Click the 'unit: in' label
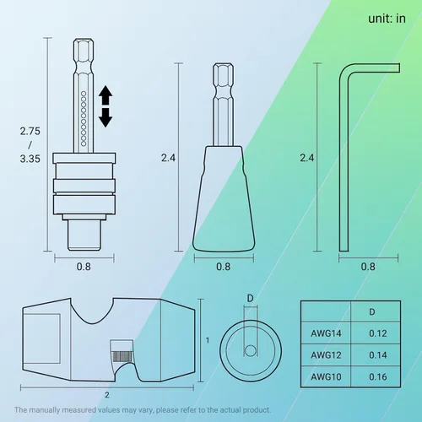tap(387, 19)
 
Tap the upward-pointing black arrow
tap(105, 95)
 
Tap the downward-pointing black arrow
tap(105, 117)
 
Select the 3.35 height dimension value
tap(30, 159)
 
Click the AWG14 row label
tap(326, 333)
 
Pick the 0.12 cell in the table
tap(378, 333)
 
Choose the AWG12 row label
tap(326, 355)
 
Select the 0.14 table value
tap(378, 355)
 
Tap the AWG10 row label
tap(326, 376)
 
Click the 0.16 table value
tap(378, 376)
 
